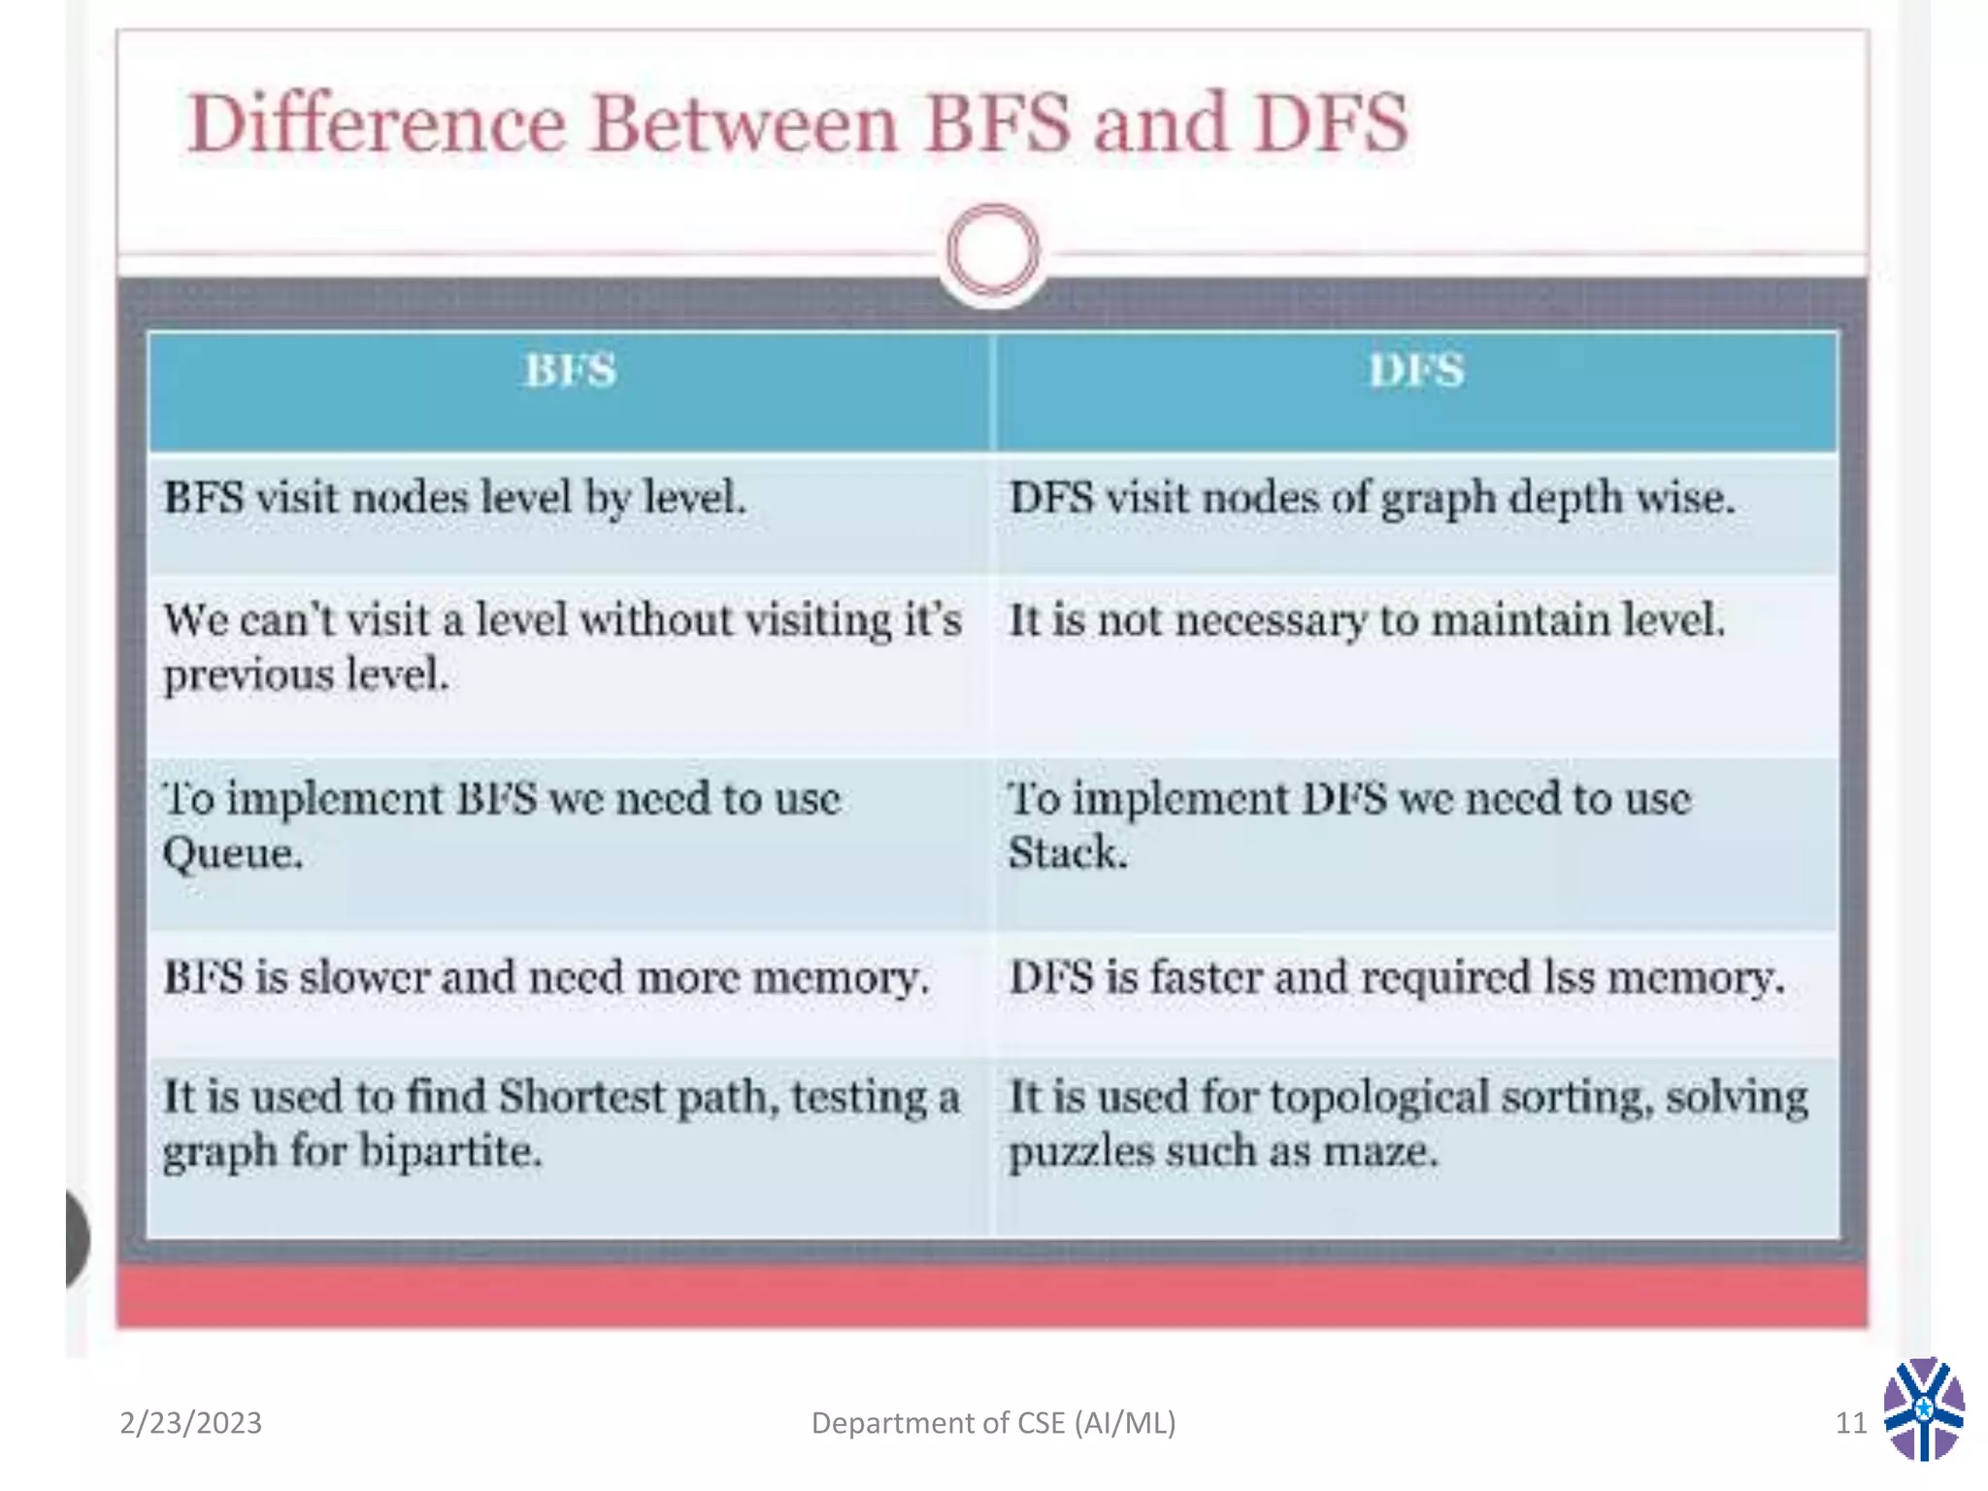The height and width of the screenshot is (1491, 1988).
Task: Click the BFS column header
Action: click(571, 371)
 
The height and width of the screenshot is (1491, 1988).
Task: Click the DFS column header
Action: click(1416, 371)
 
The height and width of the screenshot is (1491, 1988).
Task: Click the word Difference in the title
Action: click(377, 124)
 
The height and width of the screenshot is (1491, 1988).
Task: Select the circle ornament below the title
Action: click(992, 249)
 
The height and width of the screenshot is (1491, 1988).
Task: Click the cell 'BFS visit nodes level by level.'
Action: click(454, 499)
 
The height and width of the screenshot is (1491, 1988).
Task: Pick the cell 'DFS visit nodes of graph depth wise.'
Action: click(1371, 499)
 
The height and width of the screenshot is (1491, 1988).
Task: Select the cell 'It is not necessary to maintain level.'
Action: click(1367, 621)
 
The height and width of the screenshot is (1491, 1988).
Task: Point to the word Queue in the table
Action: click(231, 854)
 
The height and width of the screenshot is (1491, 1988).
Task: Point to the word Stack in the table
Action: click(1067, 853)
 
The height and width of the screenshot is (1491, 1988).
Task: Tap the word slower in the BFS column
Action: click(363, 977)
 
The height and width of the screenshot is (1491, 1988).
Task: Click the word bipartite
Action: click(449, 1152)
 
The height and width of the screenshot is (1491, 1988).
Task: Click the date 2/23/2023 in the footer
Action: click(190, 1423)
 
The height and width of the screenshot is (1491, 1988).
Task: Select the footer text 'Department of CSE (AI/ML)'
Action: click(993, 1423)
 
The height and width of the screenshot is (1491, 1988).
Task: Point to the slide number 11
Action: click(1850, 1423)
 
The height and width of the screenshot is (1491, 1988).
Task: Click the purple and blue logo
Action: click(1924, 1409)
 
